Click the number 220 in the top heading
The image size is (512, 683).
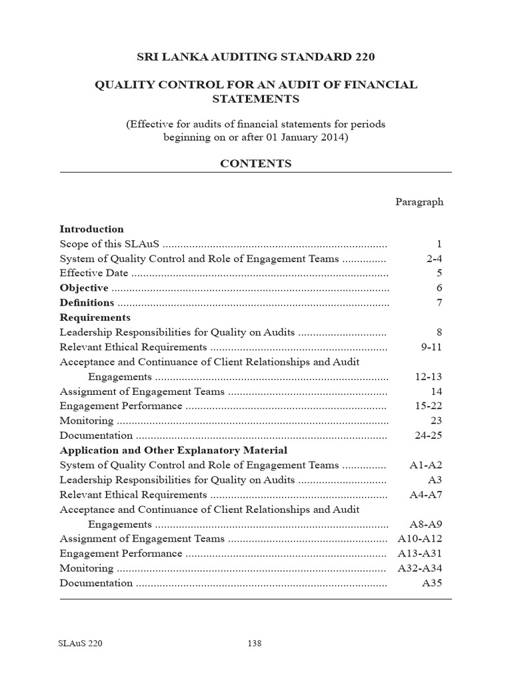tap(361, 57)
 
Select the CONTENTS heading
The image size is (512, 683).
tap(256, 163)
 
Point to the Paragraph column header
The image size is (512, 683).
tap(419, 201)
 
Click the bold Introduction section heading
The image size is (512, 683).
tap(92, 229)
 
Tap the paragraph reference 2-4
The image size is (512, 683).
tap(434, 259)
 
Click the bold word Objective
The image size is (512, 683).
tap(84, 288)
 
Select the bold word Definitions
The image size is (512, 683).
tap(87, 303)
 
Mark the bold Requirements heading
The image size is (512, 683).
tap(95, 317)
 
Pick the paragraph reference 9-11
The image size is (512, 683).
tap(431, 347)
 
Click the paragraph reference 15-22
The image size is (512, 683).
tap(428, 406)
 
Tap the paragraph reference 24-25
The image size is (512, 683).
tap(428, 436)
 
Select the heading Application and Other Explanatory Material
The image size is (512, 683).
tap(173, 450)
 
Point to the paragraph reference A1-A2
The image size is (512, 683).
tap(425, 466)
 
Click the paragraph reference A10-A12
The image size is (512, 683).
tap(420, 539)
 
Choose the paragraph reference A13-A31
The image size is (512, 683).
tap(420, 554)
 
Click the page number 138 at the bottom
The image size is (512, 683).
tap(254, 644)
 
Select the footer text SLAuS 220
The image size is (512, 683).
tap(81, 644)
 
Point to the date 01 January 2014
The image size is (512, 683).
tap(297, 137)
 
